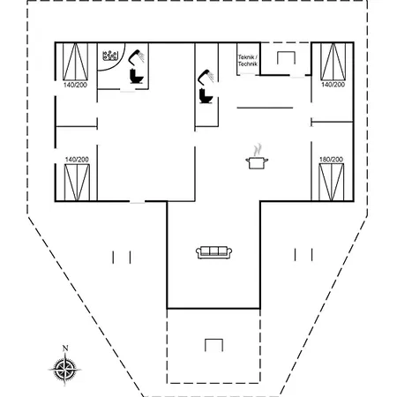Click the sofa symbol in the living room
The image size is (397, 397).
point(213,252)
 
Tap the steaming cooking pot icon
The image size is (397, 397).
point(257,159)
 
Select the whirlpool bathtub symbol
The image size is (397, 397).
point(110,56)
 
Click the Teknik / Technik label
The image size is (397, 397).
point(248,60)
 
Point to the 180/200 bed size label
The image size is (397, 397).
point(331,160)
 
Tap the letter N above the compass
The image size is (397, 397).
point(65,348)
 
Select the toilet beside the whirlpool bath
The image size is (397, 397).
point(136,76)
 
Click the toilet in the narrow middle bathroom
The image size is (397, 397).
point(206,96)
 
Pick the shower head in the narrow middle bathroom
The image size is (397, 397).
point(206,77)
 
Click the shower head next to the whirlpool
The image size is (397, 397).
point(136,57)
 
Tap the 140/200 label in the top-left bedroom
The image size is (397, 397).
point(75,85)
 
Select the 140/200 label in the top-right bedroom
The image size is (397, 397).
point(333,85)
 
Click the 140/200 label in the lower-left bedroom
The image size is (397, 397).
point(77,160)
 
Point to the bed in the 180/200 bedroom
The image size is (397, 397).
point(332,183)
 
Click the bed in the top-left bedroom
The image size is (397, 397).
point(75,62)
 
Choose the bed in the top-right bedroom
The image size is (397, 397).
point(333,62)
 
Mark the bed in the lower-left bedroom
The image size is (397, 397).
point(77,183)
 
